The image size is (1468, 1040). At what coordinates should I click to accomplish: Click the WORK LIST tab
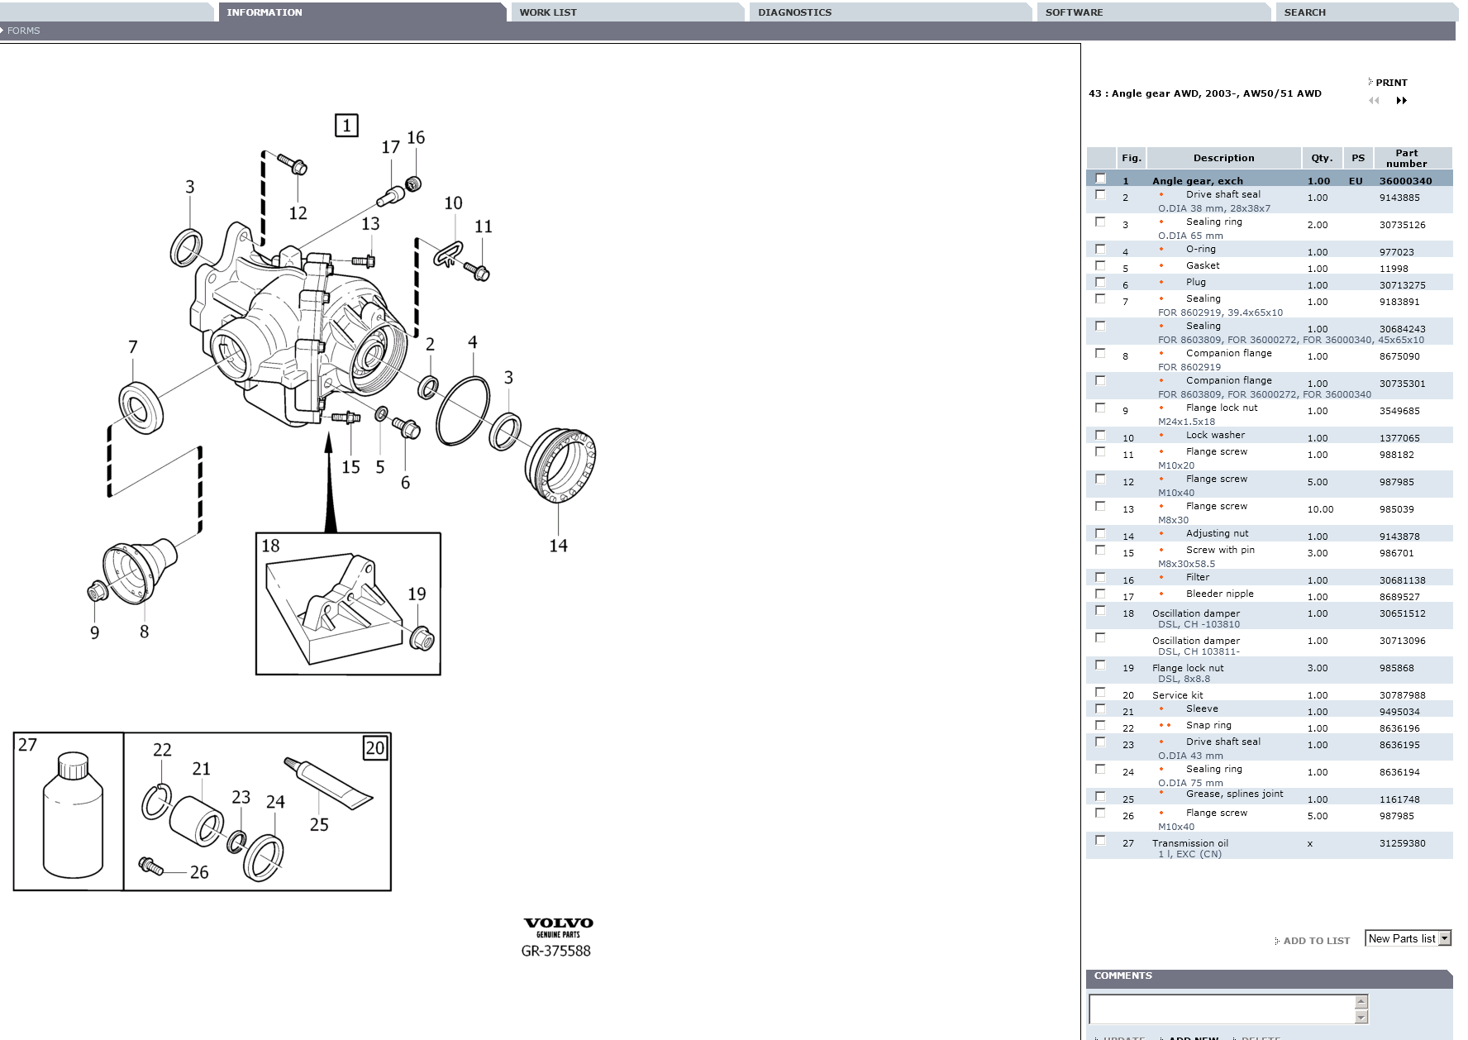(548, 12)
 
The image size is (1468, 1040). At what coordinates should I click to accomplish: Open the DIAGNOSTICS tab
(795, 12)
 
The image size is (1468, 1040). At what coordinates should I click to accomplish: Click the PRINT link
(1391, 83)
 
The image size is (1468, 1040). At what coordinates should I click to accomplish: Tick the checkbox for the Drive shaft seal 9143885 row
(1100, 195)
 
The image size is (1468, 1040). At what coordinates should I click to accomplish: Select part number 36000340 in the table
(1405, 181)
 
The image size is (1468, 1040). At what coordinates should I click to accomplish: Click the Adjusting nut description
(1217, 534)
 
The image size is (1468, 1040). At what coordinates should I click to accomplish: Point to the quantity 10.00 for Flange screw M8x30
(1320, 509)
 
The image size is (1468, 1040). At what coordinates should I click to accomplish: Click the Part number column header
(1406, 158)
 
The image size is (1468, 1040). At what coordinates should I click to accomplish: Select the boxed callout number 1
(346, 126)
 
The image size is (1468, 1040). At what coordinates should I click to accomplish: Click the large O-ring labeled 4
(463, 411)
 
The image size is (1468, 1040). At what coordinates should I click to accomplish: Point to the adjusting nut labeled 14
(560, 465)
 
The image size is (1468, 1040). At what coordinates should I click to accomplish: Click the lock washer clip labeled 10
(447, 255)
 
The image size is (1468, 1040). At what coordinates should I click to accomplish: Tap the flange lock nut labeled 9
(97, 591)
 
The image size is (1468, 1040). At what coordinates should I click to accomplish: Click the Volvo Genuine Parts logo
(558, 928)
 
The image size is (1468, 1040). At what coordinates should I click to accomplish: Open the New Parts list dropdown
(1408, 938)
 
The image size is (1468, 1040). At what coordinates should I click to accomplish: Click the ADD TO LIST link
(1316, 941)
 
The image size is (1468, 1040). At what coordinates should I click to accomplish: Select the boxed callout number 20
(375, 748)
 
